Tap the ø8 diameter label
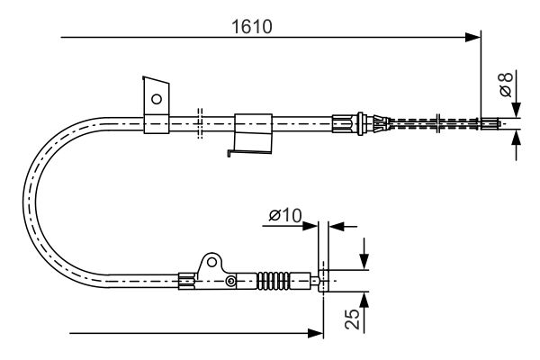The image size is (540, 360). click(x=507, y=85)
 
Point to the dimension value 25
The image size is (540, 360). click(x=352, y=320)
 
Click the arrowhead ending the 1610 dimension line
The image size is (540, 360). click(x=473, y=38)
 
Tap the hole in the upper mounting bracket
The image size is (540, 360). click(x=157, y=97)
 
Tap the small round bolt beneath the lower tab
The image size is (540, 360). click(x=231, y=282)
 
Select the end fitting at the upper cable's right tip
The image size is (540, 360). click(x=492, y=124)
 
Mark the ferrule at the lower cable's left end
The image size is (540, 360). click(x=187, y=281)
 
